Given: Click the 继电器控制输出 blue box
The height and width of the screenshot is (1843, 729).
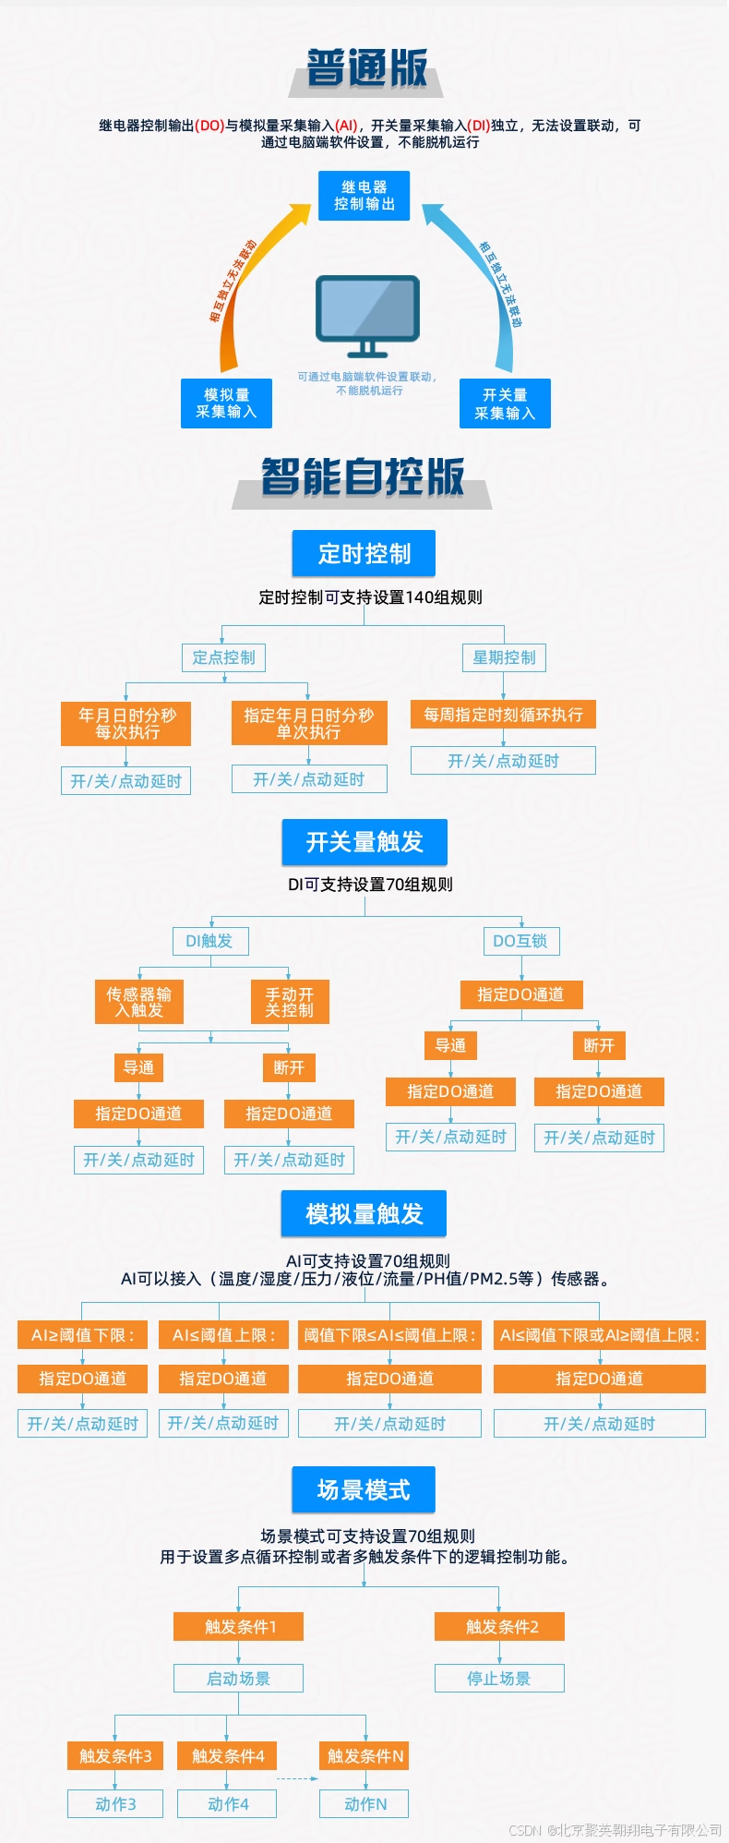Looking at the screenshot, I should coord(364,196).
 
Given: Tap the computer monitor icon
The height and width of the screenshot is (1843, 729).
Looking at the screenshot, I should coord(367,315).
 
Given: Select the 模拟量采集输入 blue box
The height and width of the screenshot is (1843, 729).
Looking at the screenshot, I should coord(226,404).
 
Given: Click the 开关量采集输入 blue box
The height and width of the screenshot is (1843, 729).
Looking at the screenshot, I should coord(505,404).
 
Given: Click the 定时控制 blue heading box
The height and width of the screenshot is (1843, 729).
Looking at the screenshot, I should coord(364,553).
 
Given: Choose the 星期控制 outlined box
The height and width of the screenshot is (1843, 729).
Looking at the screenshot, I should coord(504,657).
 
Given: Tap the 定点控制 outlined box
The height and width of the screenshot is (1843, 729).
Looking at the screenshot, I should coord(224,657).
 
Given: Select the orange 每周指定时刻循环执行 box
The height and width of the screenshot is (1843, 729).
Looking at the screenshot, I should coord(503,714).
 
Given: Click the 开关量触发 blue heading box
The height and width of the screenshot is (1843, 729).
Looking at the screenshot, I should coord(364,842).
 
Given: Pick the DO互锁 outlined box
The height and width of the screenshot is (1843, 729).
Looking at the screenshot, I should coord(520,941).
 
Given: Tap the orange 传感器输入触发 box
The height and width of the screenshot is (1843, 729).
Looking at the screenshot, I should coord(139,1002).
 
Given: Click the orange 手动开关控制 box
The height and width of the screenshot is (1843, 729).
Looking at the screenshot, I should coord(290,1002).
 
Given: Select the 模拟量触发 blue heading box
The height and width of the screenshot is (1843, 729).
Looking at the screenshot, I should coord(364,1213).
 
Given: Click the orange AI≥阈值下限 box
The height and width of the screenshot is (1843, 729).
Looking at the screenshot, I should coord(82,1335).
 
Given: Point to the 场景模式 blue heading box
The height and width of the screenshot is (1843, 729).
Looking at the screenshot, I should coord(364,1489).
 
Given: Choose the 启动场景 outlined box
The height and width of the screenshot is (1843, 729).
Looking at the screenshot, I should coord(238,1678).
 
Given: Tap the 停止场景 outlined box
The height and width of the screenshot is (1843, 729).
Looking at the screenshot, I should coord(499,1678).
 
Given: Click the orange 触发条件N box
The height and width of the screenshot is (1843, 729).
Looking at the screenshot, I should coord(365,1755).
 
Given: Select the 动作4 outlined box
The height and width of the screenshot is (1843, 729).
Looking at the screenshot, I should coord(228,1803).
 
